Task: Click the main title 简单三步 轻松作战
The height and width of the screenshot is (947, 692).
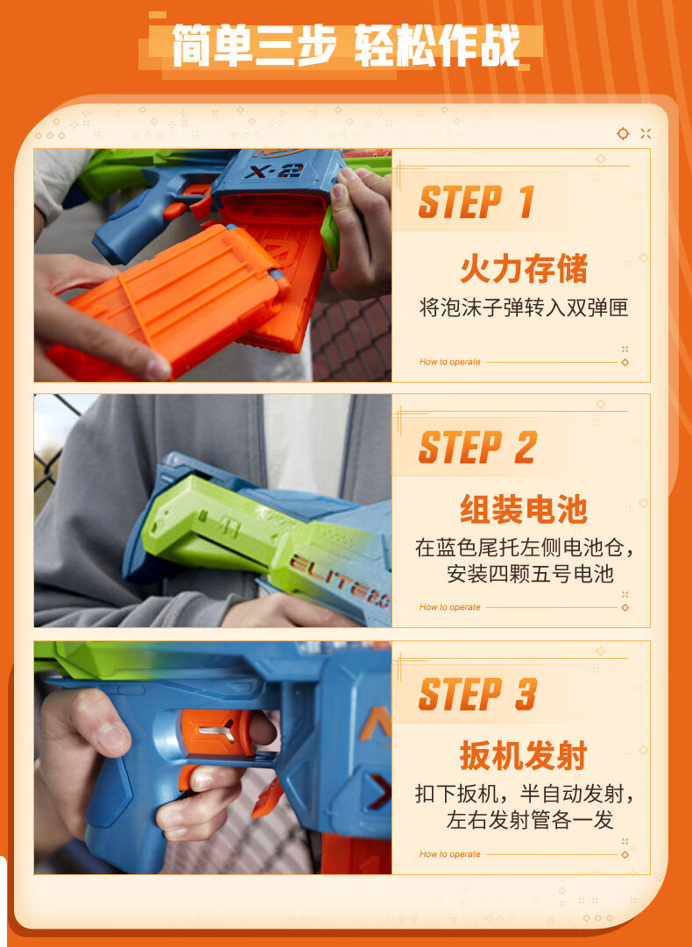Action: click(346, 46)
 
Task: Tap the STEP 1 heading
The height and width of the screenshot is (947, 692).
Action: click(477, 201)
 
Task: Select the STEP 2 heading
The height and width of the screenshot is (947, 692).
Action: click(477, 448)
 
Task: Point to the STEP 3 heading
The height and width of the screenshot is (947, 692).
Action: click(477, 694)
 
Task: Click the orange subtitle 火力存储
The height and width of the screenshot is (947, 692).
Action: click(524, 269)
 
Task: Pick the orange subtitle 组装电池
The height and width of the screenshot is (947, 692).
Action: click(524, 508)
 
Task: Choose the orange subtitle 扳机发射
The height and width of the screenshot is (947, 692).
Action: click(524, 755)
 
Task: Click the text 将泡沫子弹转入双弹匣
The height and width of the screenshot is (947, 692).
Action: click(524, 307)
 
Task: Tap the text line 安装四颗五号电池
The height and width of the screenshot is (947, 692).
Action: click(530, 573)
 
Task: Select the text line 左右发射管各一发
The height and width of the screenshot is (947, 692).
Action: click(530, 820)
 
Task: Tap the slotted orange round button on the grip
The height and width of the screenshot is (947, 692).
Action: click(215, 732)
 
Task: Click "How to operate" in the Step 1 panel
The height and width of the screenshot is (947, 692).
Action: click(450, 362)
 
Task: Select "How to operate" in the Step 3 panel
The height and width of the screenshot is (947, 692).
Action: click(450, 854)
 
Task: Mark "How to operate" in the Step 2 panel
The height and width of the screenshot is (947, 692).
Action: click(450, 607)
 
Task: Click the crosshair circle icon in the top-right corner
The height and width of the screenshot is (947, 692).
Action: click(623, 133)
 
